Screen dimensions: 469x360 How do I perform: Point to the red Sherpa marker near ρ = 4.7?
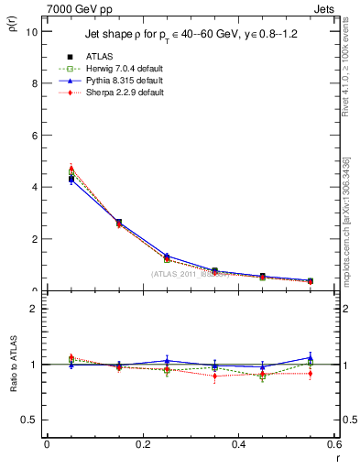coord(71,169)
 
